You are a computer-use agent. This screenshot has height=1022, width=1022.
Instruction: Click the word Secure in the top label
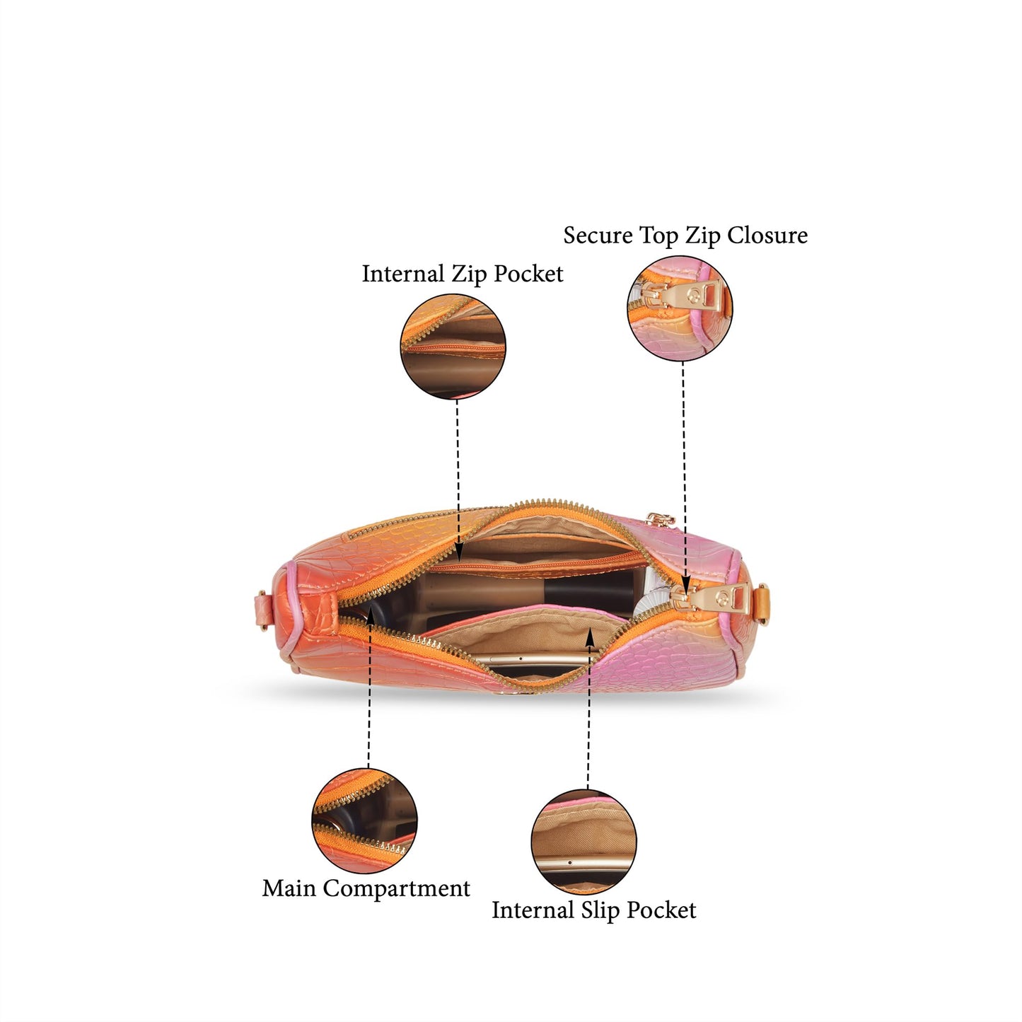[x=598, y=235]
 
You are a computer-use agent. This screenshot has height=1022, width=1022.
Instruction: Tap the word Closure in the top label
[x=767, y=235]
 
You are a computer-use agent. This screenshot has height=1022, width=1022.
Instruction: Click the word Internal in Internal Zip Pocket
[x=403, y=274]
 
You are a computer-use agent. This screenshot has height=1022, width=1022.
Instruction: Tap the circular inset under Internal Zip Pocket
[x=453, y=347]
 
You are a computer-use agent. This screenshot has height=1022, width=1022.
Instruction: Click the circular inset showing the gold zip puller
[x=680, y=308]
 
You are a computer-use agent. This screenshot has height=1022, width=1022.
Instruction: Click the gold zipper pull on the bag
[x=712, y=599]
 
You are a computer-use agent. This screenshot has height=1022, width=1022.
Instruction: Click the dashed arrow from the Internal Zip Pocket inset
[x=457, y=480]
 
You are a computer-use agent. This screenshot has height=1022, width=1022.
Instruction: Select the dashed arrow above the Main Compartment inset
[x=369, y=688]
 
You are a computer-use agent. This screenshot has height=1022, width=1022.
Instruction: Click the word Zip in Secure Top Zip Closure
[x=703, y=236]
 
